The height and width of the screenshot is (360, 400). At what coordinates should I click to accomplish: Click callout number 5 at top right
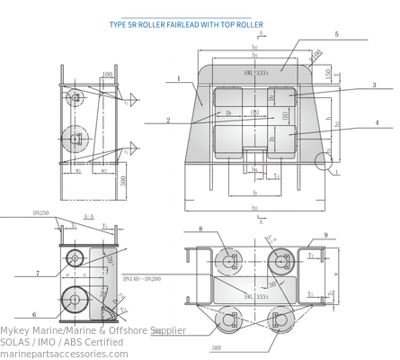pos(335,34)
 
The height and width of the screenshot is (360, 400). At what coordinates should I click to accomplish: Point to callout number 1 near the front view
pos(179,79)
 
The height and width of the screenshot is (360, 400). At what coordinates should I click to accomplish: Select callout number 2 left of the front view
pos(168,120)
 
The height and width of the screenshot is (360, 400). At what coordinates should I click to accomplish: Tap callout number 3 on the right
pos(374,85)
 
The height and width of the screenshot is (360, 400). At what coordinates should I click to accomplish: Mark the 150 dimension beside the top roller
pos(327,70)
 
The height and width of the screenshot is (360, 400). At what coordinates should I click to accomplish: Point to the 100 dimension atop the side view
pos(107,76)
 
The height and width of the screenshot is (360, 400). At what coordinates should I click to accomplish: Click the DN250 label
pos(41,212)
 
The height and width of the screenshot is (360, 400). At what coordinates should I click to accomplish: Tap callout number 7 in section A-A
pos(38,273)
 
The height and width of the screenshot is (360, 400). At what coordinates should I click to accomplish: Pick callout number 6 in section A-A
pos(33,315)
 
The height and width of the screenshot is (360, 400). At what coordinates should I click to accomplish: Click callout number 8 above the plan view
pos(200,229)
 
